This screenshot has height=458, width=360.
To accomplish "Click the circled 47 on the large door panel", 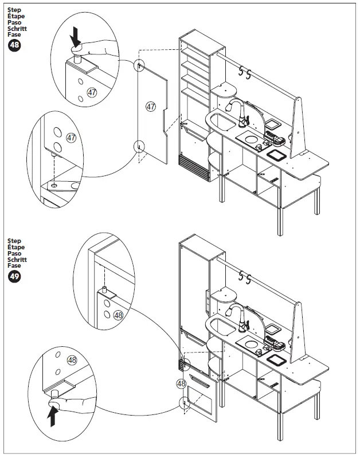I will click(x=151, y=107).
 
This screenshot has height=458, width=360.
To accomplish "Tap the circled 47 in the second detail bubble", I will click(x=72, y=138).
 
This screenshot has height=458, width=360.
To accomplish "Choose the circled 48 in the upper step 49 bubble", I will click(x=118, y=315).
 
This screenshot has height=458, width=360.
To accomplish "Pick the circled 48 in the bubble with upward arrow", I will click(x=72, y=359).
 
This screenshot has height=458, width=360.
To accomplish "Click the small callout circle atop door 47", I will click(x=139, y=66).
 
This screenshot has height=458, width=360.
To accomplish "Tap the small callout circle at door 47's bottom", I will click(x=139, y=146).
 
